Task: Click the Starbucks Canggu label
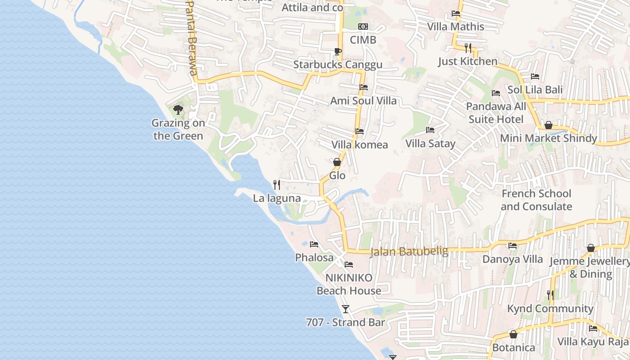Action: click(x=337, y=64)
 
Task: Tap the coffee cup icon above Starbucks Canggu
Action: click(x=337, y=51)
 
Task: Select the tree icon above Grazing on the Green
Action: click(x=178, y=109)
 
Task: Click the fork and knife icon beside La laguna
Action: click(x=277, y=184)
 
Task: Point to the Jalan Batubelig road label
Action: click(x=409, y=251)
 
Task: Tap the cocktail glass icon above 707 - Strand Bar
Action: click(x=346, y=309)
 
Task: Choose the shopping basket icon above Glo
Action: click(x=337, y=162)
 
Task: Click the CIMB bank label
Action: click(x=363, y=40)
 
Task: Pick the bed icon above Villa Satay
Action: click(x=430, y=130)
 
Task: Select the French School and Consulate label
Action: click(x=536, y=200)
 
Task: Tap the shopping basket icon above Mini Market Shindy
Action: click(x=548, y=125)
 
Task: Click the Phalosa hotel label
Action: click(x=314, y=257)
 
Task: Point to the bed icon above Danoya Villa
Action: click(x=513, y=246)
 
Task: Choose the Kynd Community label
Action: click(x=550, y=308)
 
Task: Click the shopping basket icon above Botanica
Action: click(x=513, y=334)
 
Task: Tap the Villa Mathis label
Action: click(x=455, y=27)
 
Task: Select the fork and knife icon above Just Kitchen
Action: click(x=468, y=48)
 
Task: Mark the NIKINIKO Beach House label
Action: click(x=349, y=284)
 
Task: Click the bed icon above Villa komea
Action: click(x=359, y=131)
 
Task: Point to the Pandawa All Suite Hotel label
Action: click(x=496, y=112)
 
